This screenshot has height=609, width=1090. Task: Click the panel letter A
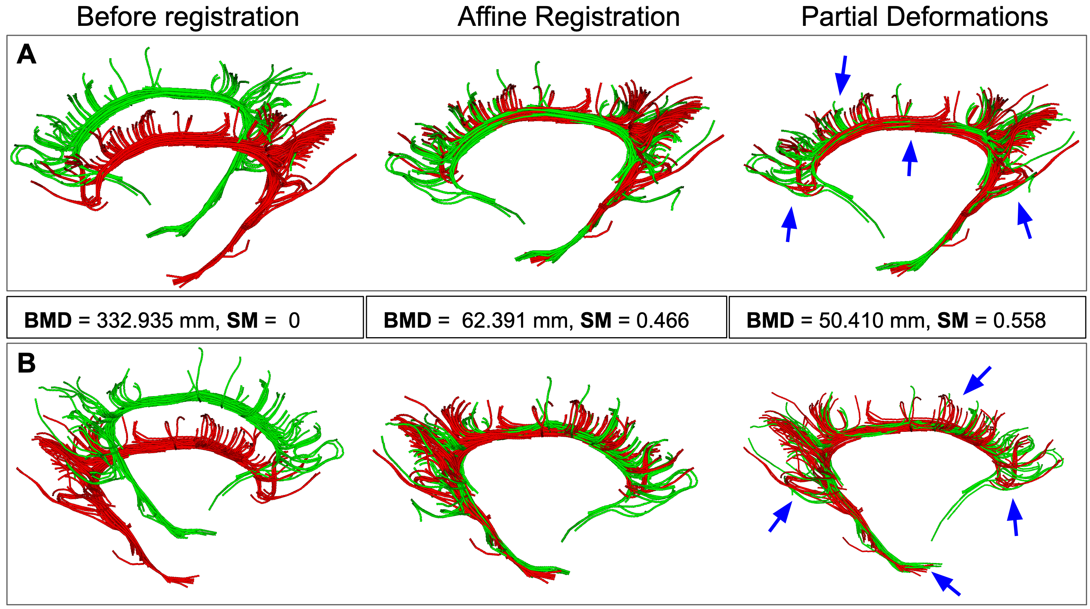coord(26,55)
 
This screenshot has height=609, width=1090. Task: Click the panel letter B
coord(26,363)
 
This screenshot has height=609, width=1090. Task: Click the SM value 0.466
coord(662,320)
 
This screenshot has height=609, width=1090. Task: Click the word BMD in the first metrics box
coord(48,320)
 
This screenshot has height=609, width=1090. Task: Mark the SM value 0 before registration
coord(294,320)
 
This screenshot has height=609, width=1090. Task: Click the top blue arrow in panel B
coord(976,380)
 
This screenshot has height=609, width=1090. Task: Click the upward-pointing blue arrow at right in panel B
coord(1015,517)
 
